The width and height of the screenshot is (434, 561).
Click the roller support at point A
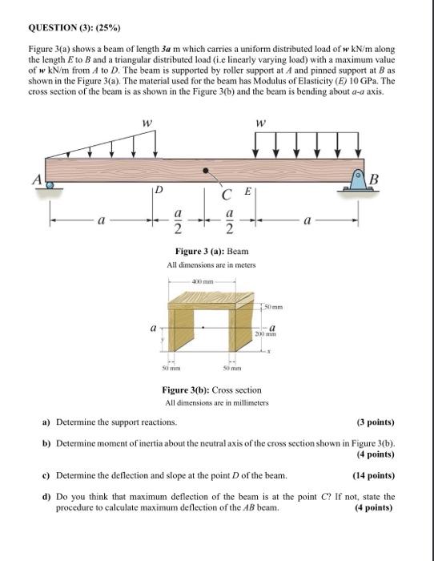point(50,184)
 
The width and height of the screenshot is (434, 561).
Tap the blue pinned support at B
point(358,180)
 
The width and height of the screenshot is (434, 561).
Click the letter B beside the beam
point(374,179)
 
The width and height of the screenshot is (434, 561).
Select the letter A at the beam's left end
point(37,180)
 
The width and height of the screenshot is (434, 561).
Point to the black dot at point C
point(206,171)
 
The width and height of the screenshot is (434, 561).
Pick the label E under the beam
point(247,191)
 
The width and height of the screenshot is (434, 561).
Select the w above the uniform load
point(261,123)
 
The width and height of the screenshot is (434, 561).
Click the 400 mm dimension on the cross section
point(203,281)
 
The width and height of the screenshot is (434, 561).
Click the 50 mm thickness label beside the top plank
point(274,307)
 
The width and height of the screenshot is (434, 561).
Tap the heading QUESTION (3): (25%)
point(74,27)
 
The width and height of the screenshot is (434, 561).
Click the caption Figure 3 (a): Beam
point(212,251)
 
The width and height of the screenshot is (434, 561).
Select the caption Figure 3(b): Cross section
point(212,389)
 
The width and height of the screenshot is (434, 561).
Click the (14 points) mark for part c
point(374,475)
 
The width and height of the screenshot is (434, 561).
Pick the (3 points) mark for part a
point(376,422)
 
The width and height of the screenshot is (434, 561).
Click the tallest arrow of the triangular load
point(155,143)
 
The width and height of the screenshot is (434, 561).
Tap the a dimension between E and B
point(307,220)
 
